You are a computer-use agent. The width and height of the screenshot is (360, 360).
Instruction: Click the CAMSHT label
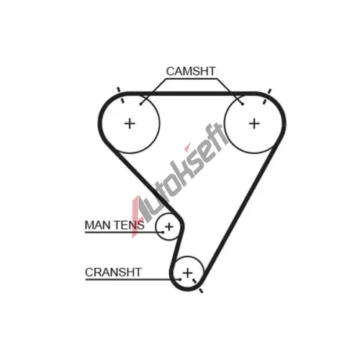(191, 71)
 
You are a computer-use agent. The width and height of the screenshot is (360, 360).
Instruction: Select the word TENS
(129, 225)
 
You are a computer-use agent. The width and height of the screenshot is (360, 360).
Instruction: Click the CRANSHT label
(113, 272)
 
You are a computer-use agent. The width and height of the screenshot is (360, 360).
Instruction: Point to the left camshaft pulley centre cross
(130, 124)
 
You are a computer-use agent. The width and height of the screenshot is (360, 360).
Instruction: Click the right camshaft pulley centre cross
(254, 124)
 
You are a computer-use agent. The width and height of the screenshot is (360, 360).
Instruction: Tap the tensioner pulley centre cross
(169, 227)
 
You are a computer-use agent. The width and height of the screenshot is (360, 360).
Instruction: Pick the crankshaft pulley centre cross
(187, 273)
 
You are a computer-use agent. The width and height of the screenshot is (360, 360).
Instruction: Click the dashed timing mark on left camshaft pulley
(120, 95)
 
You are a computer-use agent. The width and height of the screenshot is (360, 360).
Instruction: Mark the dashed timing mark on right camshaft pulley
(267, 96)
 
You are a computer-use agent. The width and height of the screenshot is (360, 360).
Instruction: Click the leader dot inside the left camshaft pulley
(141, 104)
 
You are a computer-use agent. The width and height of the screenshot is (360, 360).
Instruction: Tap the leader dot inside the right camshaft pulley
(243, 104)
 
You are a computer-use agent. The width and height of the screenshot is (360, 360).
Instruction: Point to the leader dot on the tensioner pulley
(163, 232)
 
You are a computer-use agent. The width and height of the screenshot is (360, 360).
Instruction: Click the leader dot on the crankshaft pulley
(180, 279)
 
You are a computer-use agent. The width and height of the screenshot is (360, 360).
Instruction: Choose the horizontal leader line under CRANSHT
(132, 279)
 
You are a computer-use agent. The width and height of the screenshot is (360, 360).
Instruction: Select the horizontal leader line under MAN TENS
(124, 233)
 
